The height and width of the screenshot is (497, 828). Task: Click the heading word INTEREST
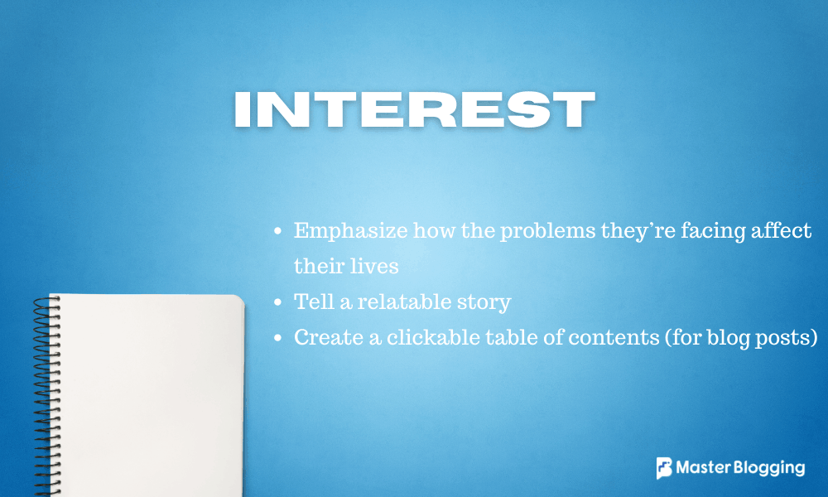coord(414,109)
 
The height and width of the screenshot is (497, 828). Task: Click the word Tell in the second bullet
coord(311,302)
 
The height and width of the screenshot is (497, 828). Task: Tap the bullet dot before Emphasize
coord(278,232)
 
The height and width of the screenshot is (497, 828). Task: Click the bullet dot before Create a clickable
coord(278,339)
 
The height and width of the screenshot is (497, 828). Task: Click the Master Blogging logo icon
coord(664,468)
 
